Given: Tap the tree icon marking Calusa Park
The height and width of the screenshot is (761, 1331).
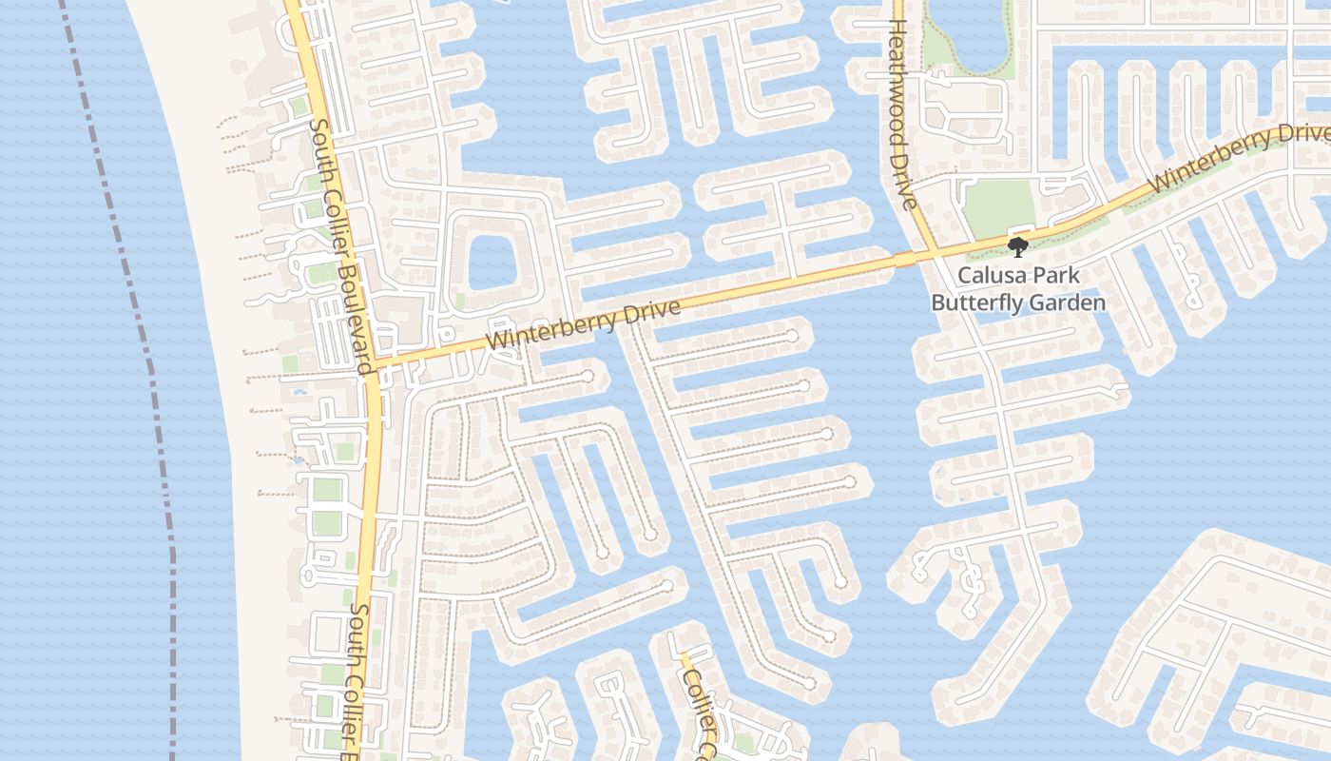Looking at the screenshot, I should click(1018, 247).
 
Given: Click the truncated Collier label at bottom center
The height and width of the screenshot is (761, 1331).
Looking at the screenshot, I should click(701, 706).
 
